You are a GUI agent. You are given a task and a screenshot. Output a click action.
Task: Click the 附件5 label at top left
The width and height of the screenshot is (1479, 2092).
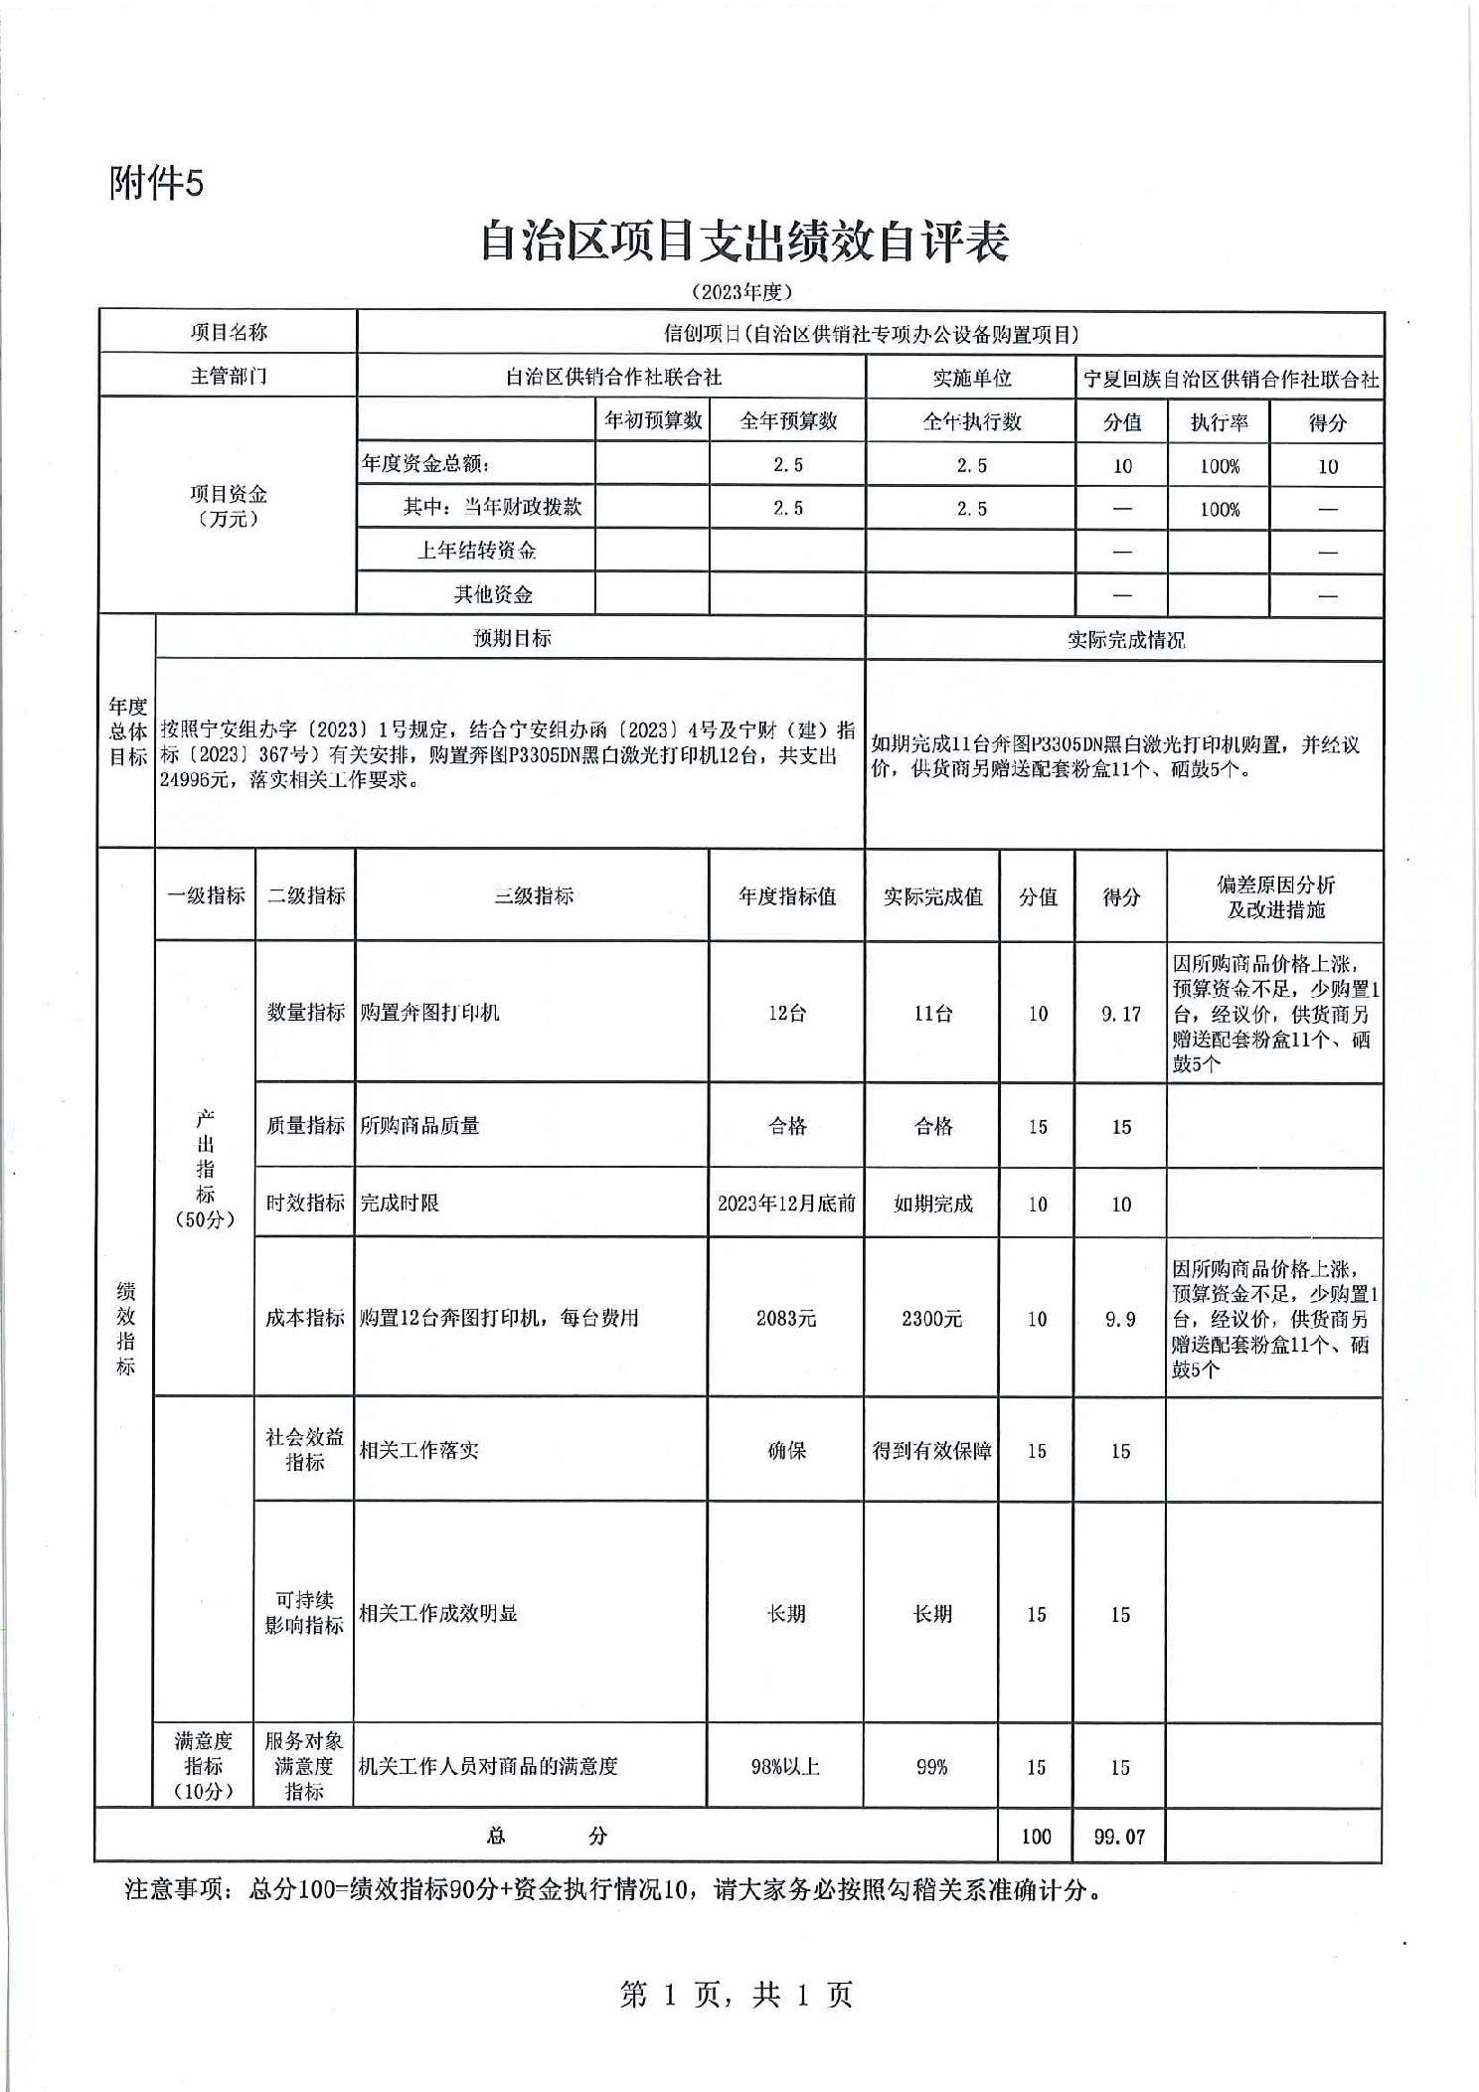pyautogui.click(x=156, y=183)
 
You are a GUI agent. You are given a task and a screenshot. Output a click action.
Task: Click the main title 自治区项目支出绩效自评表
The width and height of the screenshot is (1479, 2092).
pyautogui.click(x=744, y=241)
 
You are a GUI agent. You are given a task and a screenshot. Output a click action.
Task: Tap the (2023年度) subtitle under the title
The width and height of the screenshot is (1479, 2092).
pyautogui.click(x=741, y=292)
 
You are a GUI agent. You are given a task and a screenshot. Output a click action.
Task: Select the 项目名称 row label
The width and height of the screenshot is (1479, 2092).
pyautogui.click(x=229, y=332)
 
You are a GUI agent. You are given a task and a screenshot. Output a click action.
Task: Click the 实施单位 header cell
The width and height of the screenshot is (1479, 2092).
pyautogui.click(x=971, y=378)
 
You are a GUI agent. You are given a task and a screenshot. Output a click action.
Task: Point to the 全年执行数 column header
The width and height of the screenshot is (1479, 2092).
pyautogui.click(x=971, y=421)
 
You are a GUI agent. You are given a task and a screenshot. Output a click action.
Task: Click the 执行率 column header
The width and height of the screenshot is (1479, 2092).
pyautogui.click(x=1219, y=422)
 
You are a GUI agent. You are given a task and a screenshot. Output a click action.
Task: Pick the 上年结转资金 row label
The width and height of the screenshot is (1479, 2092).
pyautogui.click(x=476, y=551)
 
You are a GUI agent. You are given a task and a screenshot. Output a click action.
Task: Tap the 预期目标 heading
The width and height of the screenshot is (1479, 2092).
pyautogui.click(x=512, y=638)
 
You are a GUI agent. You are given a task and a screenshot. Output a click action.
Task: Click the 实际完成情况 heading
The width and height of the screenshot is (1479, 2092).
pyautogui.click(x=1125, y=640)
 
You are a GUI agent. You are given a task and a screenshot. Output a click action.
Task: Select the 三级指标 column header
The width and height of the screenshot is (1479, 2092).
pyautogui.click(x=534, y=895)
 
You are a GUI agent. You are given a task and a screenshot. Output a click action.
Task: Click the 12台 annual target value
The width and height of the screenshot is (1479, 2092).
pyautogui.click(x=786, y=1013)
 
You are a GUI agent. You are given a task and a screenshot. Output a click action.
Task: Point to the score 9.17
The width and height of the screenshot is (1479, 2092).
pyautogui.click(x=1120, y=1014)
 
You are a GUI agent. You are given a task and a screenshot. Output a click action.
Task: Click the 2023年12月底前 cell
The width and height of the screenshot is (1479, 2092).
pyautogui.click(x=786, y=1204)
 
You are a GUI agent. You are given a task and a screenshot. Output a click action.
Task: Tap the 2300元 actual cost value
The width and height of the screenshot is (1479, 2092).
pyautogui.click(x=931, y=1319)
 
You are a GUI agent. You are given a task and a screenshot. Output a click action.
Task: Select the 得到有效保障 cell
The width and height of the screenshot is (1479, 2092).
pyautogui.click(x=931, y=1451)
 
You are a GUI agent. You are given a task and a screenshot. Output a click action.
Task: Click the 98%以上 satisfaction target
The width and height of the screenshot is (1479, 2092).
pyautogui.click(x=785, y=1766)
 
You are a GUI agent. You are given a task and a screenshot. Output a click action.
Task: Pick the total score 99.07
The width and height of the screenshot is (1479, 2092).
pyautogui.click(x=1119, y=1837)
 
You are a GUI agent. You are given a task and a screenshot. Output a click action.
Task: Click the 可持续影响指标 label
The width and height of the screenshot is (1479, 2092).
pyautogui.click(x=303, y=1612)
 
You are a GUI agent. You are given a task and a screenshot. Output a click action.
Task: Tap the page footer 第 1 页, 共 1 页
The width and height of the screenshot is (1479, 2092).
pyautogui.click(x=737, y=1994)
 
